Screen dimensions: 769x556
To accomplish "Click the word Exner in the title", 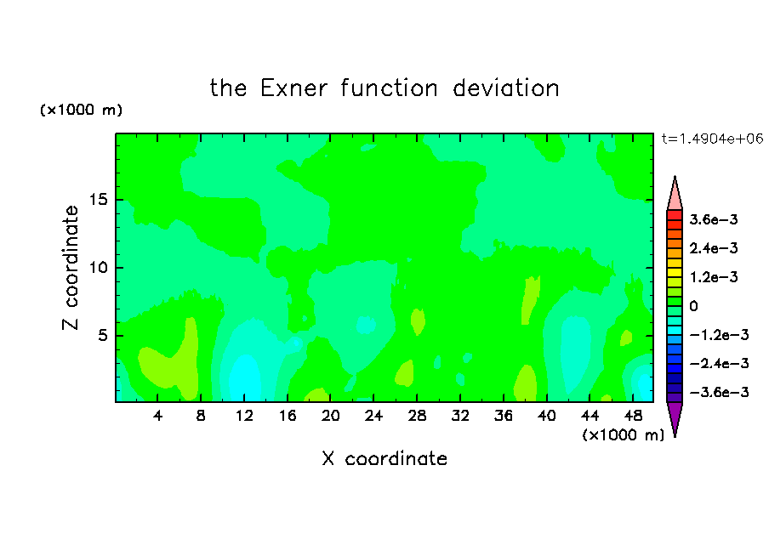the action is pos(293,88).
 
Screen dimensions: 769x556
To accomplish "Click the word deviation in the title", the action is pos(505,88).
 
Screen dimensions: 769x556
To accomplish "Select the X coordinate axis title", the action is pos(384,458).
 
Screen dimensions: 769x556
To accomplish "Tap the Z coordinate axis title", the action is pos(71,268).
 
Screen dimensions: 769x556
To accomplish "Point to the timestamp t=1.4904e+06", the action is pos(712,139).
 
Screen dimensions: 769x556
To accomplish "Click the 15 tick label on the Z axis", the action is pos(98,200).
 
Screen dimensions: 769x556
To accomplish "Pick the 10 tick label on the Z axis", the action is pos(98,268).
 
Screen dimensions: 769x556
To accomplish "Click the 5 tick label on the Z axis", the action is pos(102,335).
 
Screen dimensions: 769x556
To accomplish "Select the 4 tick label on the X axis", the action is pos(157,416).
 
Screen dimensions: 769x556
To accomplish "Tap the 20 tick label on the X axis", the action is pos(330,416).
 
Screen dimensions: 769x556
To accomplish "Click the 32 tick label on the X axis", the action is pos(460,416).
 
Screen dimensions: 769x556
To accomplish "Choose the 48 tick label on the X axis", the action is pos(633,416).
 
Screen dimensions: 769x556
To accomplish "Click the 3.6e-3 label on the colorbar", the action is pos(714,219).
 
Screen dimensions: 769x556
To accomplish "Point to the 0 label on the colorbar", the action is pos(693,306).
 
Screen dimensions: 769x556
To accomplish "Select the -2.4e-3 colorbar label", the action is pos(719,363).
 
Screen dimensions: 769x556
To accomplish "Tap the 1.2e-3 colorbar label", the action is pos(714,277).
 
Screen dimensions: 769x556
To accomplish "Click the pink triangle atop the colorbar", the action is pos(675,194).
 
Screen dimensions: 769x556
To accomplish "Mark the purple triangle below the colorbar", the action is pos(675,418).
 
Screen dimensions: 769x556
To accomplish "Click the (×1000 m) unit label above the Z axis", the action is pos(81,110).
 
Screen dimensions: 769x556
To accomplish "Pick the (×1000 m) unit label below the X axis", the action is pos(623,434).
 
